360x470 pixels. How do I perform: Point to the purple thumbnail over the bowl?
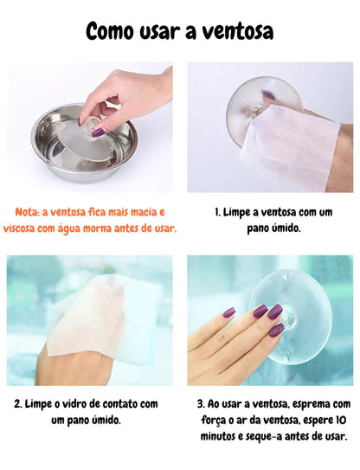point(98,132)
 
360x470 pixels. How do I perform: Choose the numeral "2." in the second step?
point(19,403)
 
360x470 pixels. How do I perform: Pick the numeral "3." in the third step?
point(202,403)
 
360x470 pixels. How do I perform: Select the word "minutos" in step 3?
point(218,436)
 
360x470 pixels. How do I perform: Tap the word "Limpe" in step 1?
point(242,211)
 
